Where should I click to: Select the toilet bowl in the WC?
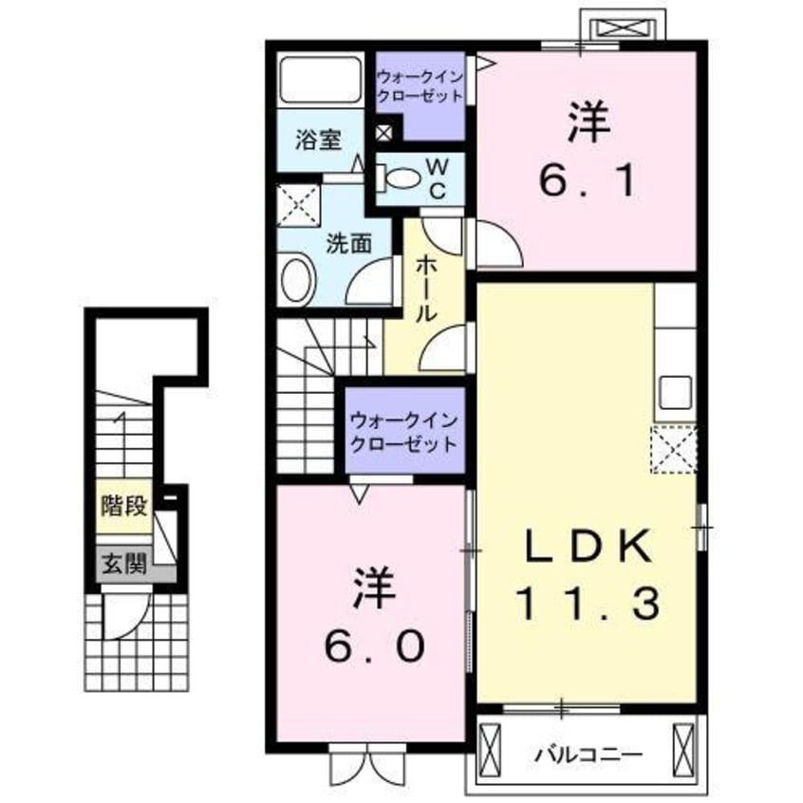click(404, 177)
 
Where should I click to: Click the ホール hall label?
click(424, 289)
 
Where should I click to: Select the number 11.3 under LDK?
click(588, 601)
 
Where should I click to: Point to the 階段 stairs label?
click(123, 504)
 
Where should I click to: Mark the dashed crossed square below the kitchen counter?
click(675, 449)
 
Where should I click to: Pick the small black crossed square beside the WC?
click(383, 133)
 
